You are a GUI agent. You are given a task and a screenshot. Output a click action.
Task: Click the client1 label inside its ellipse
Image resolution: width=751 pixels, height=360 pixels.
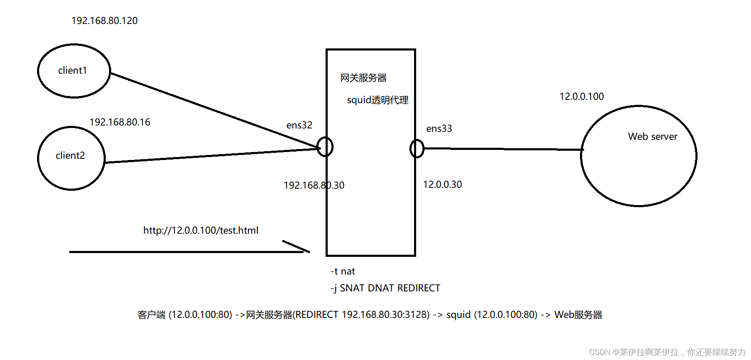point(72,70)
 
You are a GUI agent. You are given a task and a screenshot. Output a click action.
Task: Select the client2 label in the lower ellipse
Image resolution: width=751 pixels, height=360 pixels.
point(70,155)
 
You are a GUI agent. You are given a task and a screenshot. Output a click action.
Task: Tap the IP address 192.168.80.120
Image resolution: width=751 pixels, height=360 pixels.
point(104,21)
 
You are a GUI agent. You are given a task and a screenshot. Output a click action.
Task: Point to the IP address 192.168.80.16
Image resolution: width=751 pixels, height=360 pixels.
point(120,122)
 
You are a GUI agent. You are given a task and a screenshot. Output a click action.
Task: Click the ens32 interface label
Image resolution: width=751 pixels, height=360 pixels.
point(299,125)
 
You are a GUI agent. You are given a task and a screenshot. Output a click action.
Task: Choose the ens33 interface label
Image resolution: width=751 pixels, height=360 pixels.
point(439,128)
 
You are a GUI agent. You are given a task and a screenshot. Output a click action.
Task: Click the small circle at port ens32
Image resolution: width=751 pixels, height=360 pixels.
point(325,147)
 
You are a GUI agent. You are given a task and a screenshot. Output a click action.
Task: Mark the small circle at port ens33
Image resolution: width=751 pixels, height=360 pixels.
point(417,148)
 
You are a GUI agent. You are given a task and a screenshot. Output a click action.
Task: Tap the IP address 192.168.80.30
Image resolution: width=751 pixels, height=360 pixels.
point(314,185)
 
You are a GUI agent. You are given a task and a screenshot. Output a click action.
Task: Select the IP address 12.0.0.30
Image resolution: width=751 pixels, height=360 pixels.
point(442,184)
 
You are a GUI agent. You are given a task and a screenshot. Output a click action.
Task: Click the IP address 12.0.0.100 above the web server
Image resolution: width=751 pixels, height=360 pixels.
point(581,96)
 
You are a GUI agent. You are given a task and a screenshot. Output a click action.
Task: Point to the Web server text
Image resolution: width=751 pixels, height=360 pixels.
point(652,136)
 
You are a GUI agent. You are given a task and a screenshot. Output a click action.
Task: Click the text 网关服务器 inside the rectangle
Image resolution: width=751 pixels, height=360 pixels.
point(363,78)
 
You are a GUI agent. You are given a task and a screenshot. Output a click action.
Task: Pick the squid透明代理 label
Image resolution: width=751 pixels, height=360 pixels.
point(377,100)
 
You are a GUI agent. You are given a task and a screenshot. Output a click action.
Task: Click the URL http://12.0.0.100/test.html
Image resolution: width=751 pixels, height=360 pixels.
point(200,230)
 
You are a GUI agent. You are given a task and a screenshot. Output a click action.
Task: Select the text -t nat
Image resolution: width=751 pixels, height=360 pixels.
point(343,272)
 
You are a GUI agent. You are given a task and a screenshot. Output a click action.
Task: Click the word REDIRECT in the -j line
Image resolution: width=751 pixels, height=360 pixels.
point(419,288)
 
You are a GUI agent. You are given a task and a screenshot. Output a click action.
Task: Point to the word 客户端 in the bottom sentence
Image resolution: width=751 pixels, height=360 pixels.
point(152,315)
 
